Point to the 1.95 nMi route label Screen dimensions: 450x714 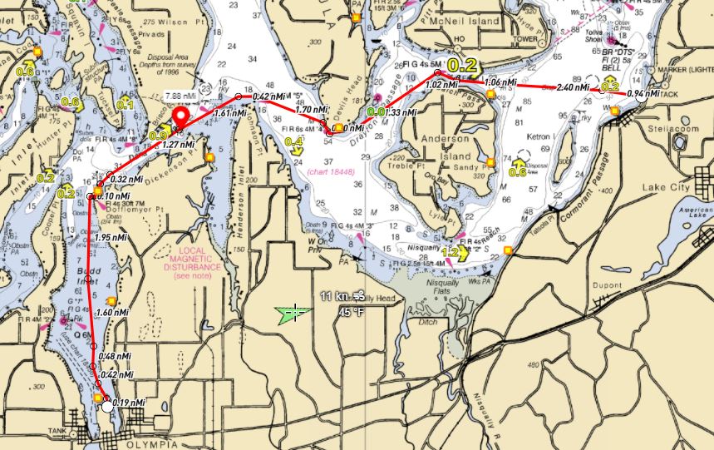pos(111,238)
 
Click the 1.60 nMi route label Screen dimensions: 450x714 pos(112,312)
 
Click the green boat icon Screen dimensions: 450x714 pos(293,313)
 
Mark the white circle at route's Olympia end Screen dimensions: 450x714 pos(106,407)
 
